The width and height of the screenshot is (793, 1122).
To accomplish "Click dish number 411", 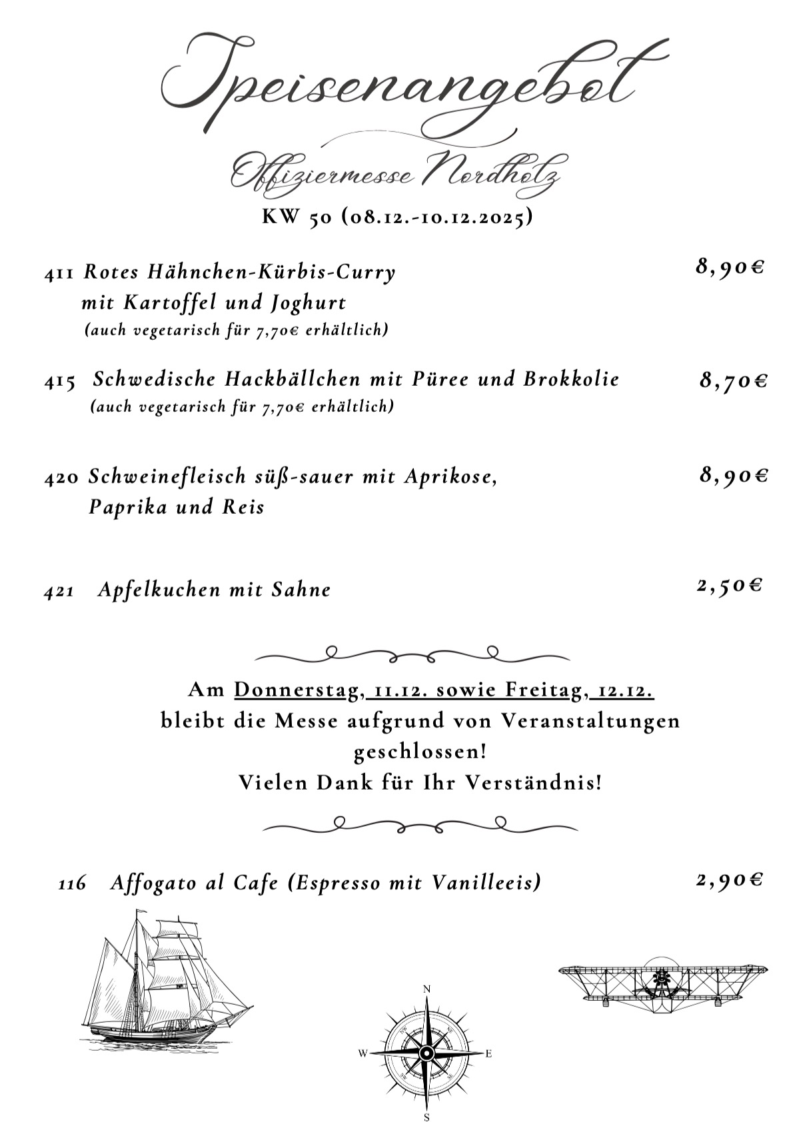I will [60, 273].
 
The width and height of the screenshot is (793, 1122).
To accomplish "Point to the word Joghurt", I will [309, 303].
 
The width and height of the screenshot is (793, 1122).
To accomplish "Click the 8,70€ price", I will [733, 381].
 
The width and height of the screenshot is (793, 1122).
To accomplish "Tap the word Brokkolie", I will [571, 379].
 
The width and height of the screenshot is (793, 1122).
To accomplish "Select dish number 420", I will [62, 478].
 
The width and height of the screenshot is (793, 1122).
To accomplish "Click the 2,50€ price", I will [730, 586].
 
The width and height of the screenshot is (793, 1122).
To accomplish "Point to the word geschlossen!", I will [419, 752].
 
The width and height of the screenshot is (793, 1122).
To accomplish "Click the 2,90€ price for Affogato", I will [729, 880].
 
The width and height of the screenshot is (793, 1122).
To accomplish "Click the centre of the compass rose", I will [426, 1053].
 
